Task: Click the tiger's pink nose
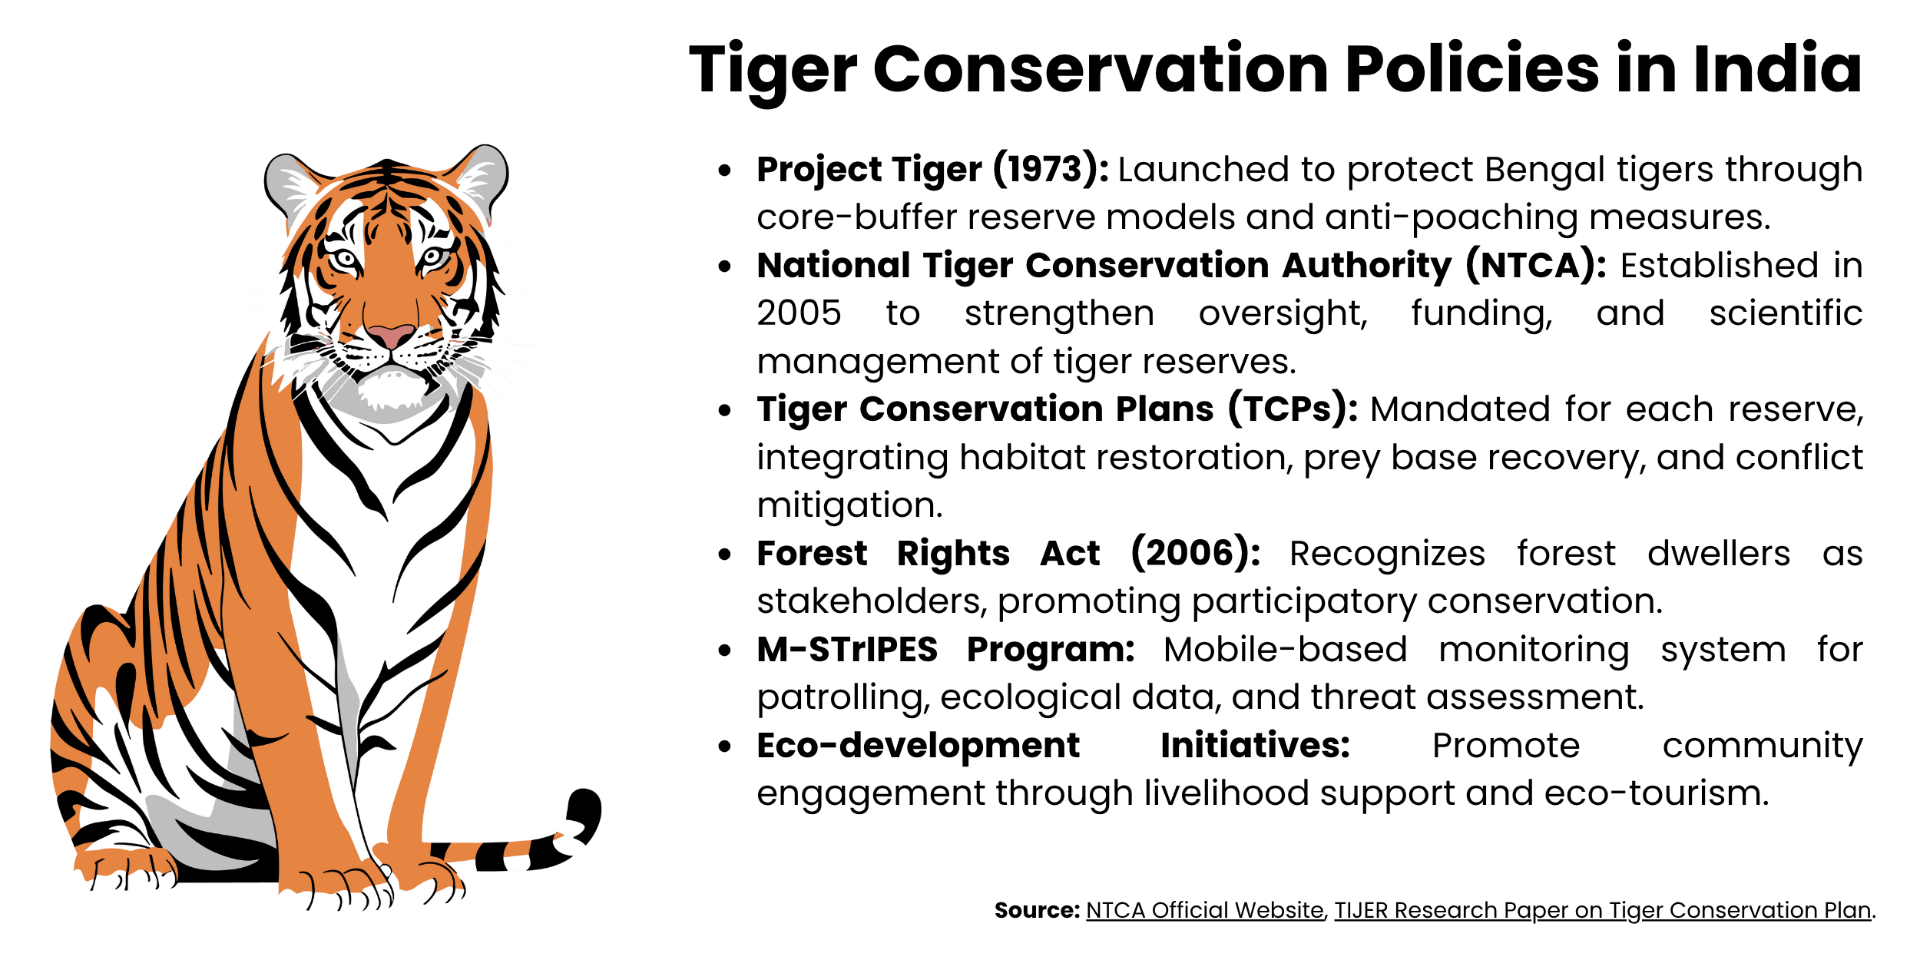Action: tap(390, 336)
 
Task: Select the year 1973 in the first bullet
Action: tap(1051, 169)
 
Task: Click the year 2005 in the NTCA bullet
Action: tap(799, 313)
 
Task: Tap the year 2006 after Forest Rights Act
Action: tap(1195, 553)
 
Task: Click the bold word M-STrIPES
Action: tap(847, 650)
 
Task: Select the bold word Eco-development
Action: tap(918, 746)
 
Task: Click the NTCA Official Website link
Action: tap(1204, 910)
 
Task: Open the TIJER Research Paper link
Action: tap(1602, 910)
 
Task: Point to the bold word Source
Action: tap(1036, 910)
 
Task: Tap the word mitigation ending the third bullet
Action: tap(849, 505)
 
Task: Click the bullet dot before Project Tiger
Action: tap(724, 170)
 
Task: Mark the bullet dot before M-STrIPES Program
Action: tap(724, 650)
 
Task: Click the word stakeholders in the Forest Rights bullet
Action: tap(871, 601)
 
